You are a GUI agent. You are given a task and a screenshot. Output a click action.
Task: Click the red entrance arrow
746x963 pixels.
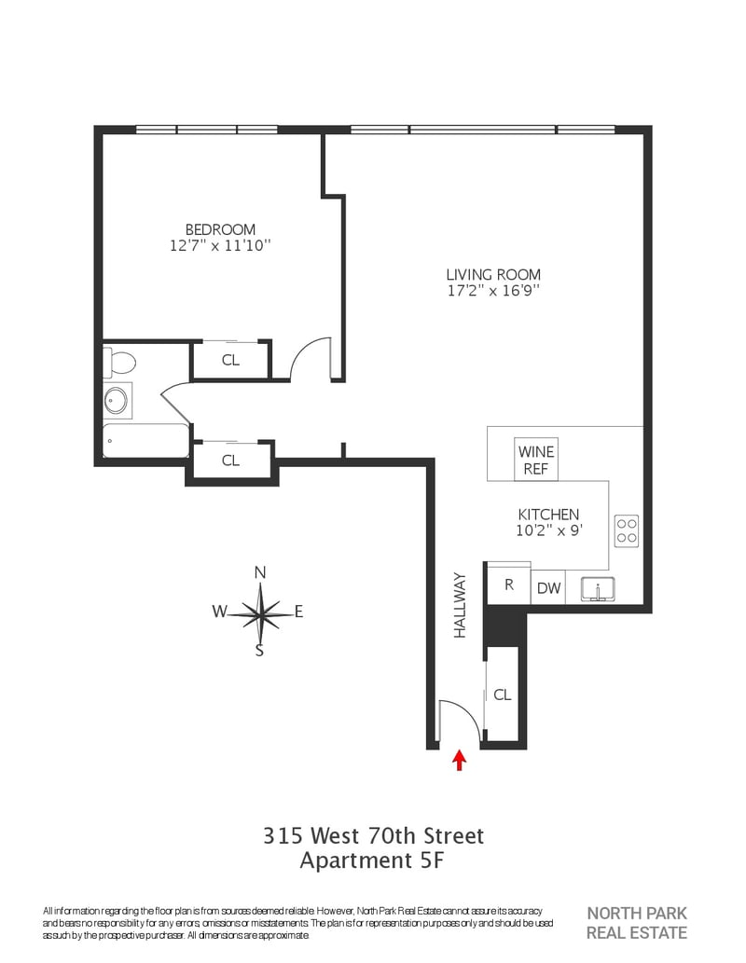(459, 760)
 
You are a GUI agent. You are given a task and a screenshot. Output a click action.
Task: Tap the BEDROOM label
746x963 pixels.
(221, 229)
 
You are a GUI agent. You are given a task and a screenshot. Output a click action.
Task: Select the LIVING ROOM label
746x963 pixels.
(493, 274)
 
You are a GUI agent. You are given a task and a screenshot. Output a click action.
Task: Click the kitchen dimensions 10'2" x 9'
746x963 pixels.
(548, 530)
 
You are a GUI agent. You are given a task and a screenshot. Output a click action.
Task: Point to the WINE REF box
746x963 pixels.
(536, 460)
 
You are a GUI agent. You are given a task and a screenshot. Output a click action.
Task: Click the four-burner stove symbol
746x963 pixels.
(626, 531)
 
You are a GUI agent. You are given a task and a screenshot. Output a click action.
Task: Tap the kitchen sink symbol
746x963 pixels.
(599, 589)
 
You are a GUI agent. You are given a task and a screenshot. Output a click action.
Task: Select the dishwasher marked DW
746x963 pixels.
(548, 587)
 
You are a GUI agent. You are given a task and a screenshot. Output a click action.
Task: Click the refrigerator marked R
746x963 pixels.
(509, 584)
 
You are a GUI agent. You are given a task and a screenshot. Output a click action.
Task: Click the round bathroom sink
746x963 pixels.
(117, 401)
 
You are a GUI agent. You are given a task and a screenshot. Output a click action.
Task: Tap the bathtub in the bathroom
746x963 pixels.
(145, 440)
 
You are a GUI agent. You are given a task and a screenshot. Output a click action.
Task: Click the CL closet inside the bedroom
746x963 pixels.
(230, 360)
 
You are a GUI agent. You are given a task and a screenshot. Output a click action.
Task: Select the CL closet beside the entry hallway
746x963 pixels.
(503, 694)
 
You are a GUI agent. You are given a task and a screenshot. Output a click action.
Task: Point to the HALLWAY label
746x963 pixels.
(461, 606)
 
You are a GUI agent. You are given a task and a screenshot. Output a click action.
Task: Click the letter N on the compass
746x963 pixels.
(260, 573)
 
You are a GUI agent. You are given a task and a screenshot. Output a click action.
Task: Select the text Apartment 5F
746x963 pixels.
(372, 860)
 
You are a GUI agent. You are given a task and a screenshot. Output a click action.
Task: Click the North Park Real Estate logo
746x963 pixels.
(637, 923)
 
